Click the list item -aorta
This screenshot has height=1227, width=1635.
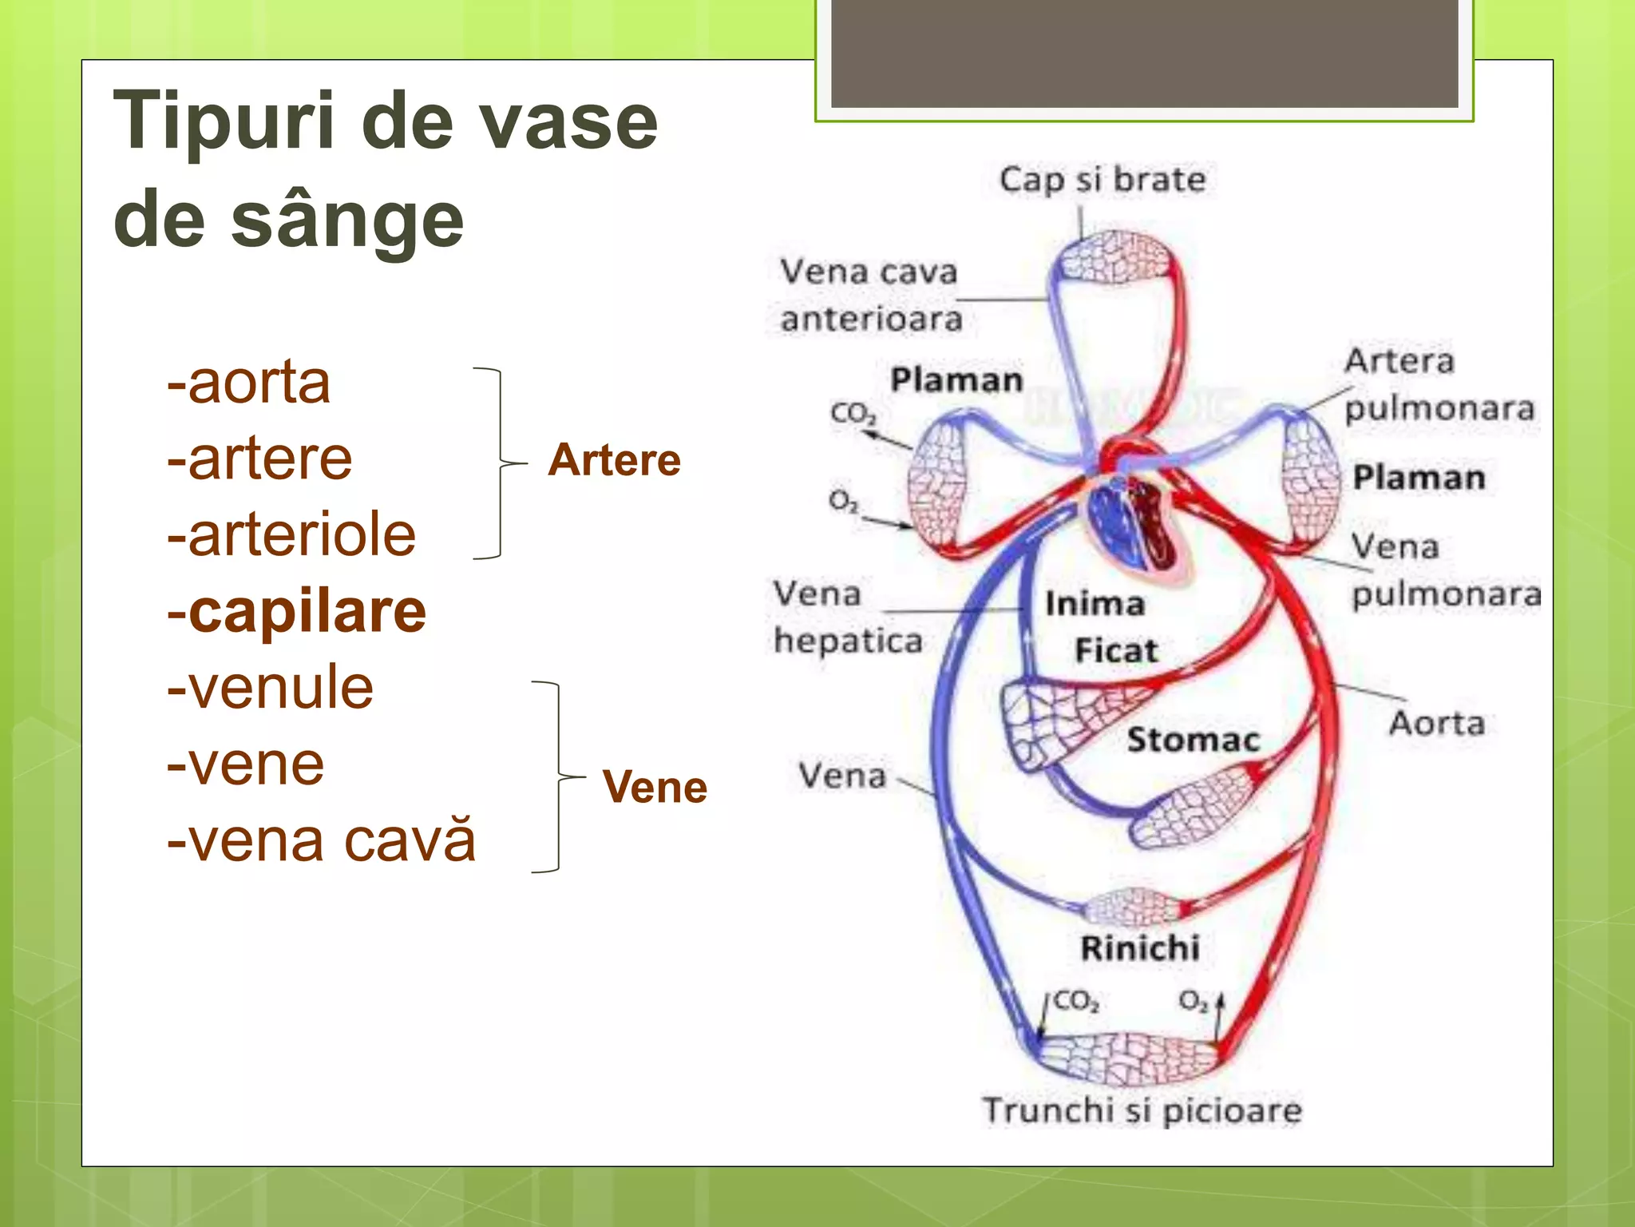pos(248,383)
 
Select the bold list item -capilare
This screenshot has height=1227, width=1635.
pos(296,612)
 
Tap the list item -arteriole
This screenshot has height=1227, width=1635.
pos(291,535)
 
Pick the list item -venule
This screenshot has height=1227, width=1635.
pos(270,688)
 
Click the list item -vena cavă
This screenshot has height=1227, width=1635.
pos(321,840)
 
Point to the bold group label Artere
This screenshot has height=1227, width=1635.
pos(614,460)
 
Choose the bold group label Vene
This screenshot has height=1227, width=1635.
pos(655,787)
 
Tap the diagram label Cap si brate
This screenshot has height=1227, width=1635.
pos(1103,180)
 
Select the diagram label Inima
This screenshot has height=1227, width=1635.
pos(1095,604)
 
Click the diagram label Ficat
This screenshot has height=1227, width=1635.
pos(1116,650)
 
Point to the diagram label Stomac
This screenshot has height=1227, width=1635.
pos(1193,740)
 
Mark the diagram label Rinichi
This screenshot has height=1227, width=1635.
pos(1140,948)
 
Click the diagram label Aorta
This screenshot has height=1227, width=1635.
pos(1437,723)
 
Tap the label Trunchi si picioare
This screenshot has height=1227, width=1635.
pos(1142,1110)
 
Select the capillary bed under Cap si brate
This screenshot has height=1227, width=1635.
pos(1114,257)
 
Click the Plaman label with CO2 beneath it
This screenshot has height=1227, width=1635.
pos(956,380)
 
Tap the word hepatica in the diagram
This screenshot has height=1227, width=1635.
pos(848,641)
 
